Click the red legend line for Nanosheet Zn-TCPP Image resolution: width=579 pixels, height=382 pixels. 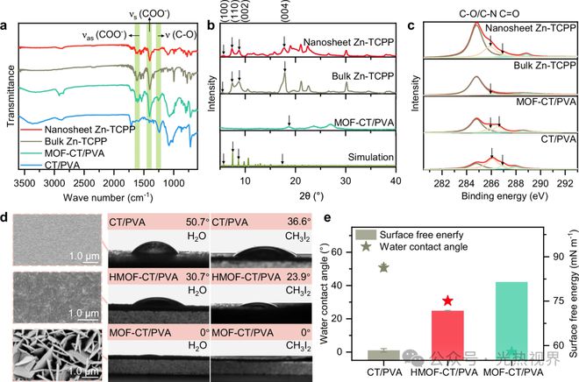34,131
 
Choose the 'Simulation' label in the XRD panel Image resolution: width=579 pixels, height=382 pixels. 369,156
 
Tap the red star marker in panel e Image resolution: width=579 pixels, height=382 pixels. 448,300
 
